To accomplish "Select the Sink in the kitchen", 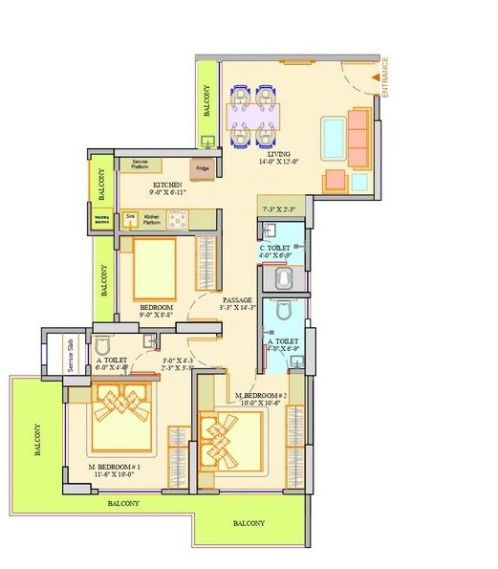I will coord(131,219).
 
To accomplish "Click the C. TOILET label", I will coord(277,249).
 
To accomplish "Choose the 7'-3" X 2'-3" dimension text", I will coord(279,208).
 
